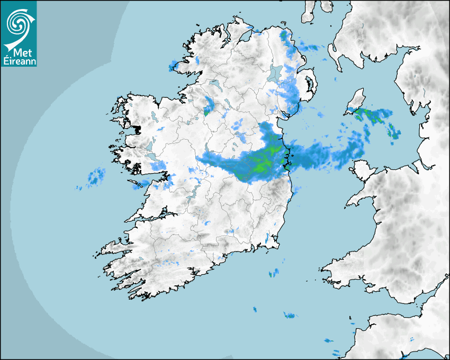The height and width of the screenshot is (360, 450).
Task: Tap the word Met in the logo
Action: click(x=20, y=52)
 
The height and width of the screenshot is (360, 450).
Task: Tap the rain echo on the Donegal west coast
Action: click(x=173, y=66)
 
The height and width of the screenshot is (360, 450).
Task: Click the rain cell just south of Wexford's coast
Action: click(x=274, y=274)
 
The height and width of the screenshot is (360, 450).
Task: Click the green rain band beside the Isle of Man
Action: click(x=376, y=115)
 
